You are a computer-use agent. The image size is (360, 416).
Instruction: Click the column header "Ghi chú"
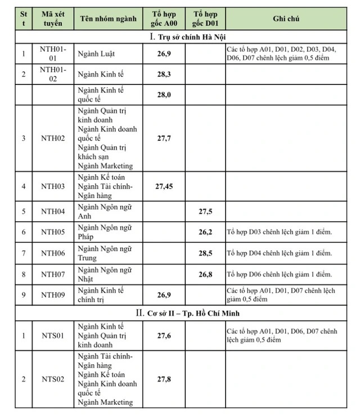click(x=285, y=19)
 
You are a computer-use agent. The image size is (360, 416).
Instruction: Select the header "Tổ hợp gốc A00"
click(x=164, y=19)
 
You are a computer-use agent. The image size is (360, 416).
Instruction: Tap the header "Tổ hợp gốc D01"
click(x=205, y=19)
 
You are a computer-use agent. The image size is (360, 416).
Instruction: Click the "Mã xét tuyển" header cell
click(x=53, y=19)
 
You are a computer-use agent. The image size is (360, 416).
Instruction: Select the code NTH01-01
click(x=53, y=54)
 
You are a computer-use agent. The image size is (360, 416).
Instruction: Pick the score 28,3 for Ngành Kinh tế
click(x=164, y=74)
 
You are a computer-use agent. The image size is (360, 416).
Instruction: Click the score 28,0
click(x=164, y=95)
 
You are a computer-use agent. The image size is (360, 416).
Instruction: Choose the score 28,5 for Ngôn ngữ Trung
click(x=205, y=253)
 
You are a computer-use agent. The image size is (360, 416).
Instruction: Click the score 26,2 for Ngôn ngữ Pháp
click(x=205, y=232)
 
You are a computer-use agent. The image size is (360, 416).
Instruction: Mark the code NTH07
click(x=53, y=275)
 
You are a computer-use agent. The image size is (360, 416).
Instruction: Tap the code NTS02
click(x=53, y=379)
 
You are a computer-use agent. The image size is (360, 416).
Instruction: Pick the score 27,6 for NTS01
click(x=164, y=336)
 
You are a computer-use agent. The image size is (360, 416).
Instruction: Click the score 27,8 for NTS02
click(x=164, y=379)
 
